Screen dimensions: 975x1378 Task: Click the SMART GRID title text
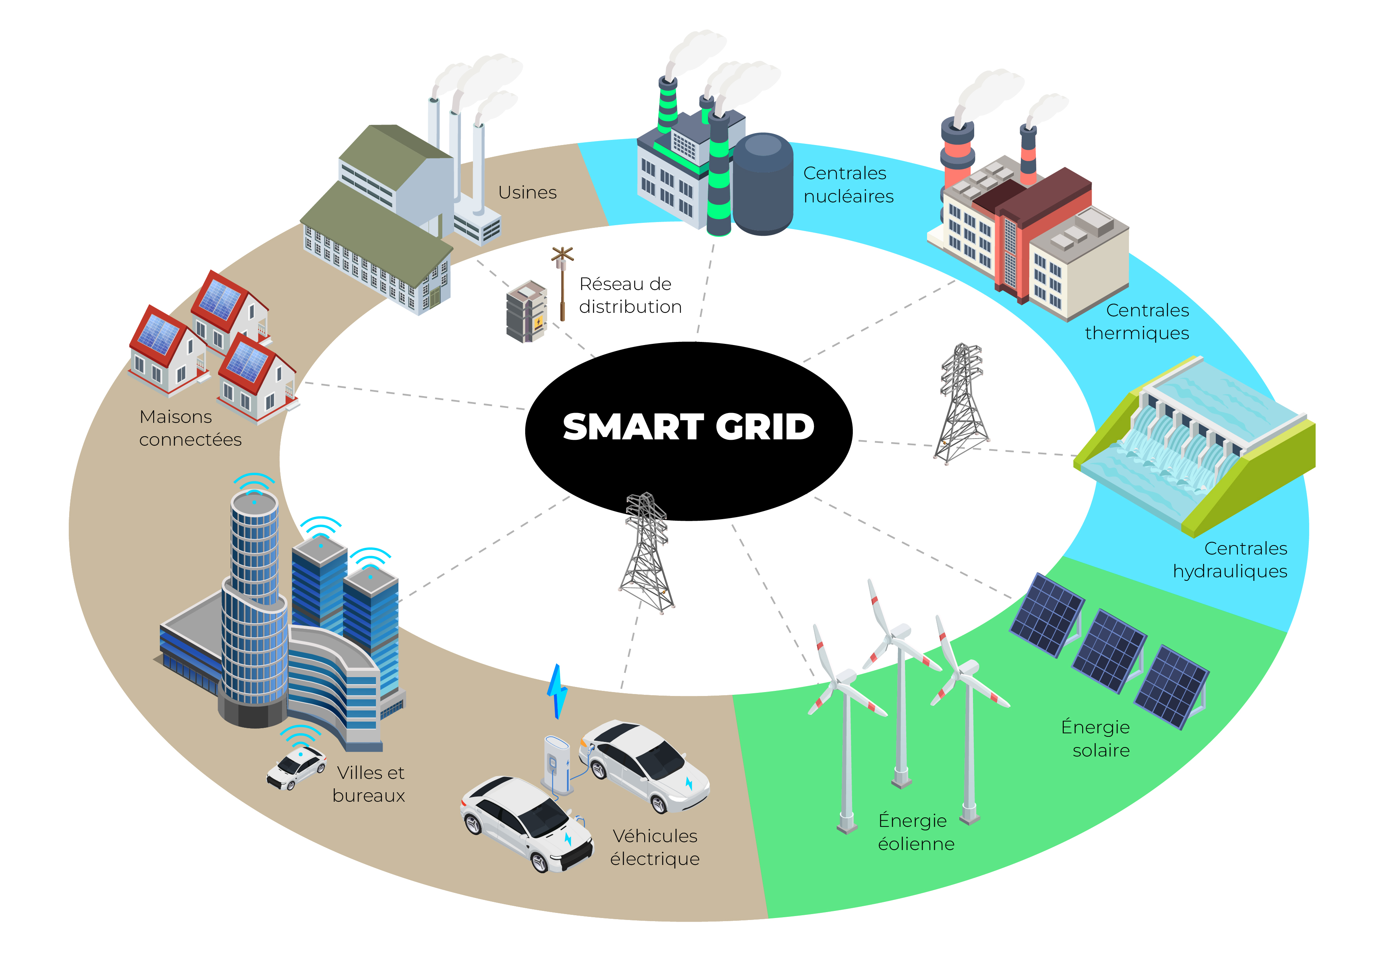pos(688,427)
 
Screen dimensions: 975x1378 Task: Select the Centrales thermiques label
pos(1137,322)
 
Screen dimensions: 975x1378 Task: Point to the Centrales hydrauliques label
pos(1230,560)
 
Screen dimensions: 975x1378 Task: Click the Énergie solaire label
pos(1096,738)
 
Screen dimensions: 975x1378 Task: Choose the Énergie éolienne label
pos(915,832)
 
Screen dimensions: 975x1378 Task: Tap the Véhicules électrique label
pos(655,847)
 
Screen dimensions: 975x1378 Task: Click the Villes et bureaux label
pos(369,784)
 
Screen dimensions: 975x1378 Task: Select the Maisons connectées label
pos(190,428)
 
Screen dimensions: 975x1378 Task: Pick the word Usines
pos(527,193)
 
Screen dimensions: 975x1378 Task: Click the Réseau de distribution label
pos(630,296)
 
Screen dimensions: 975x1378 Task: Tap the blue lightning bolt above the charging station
pos(557,692)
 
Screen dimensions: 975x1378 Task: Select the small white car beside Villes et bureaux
pos(297,767)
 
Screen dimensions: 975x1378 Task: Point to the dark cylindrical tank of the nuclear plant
pos(763,184)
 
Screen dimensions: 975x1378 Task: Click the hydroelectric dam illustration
pos(1194,444)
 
